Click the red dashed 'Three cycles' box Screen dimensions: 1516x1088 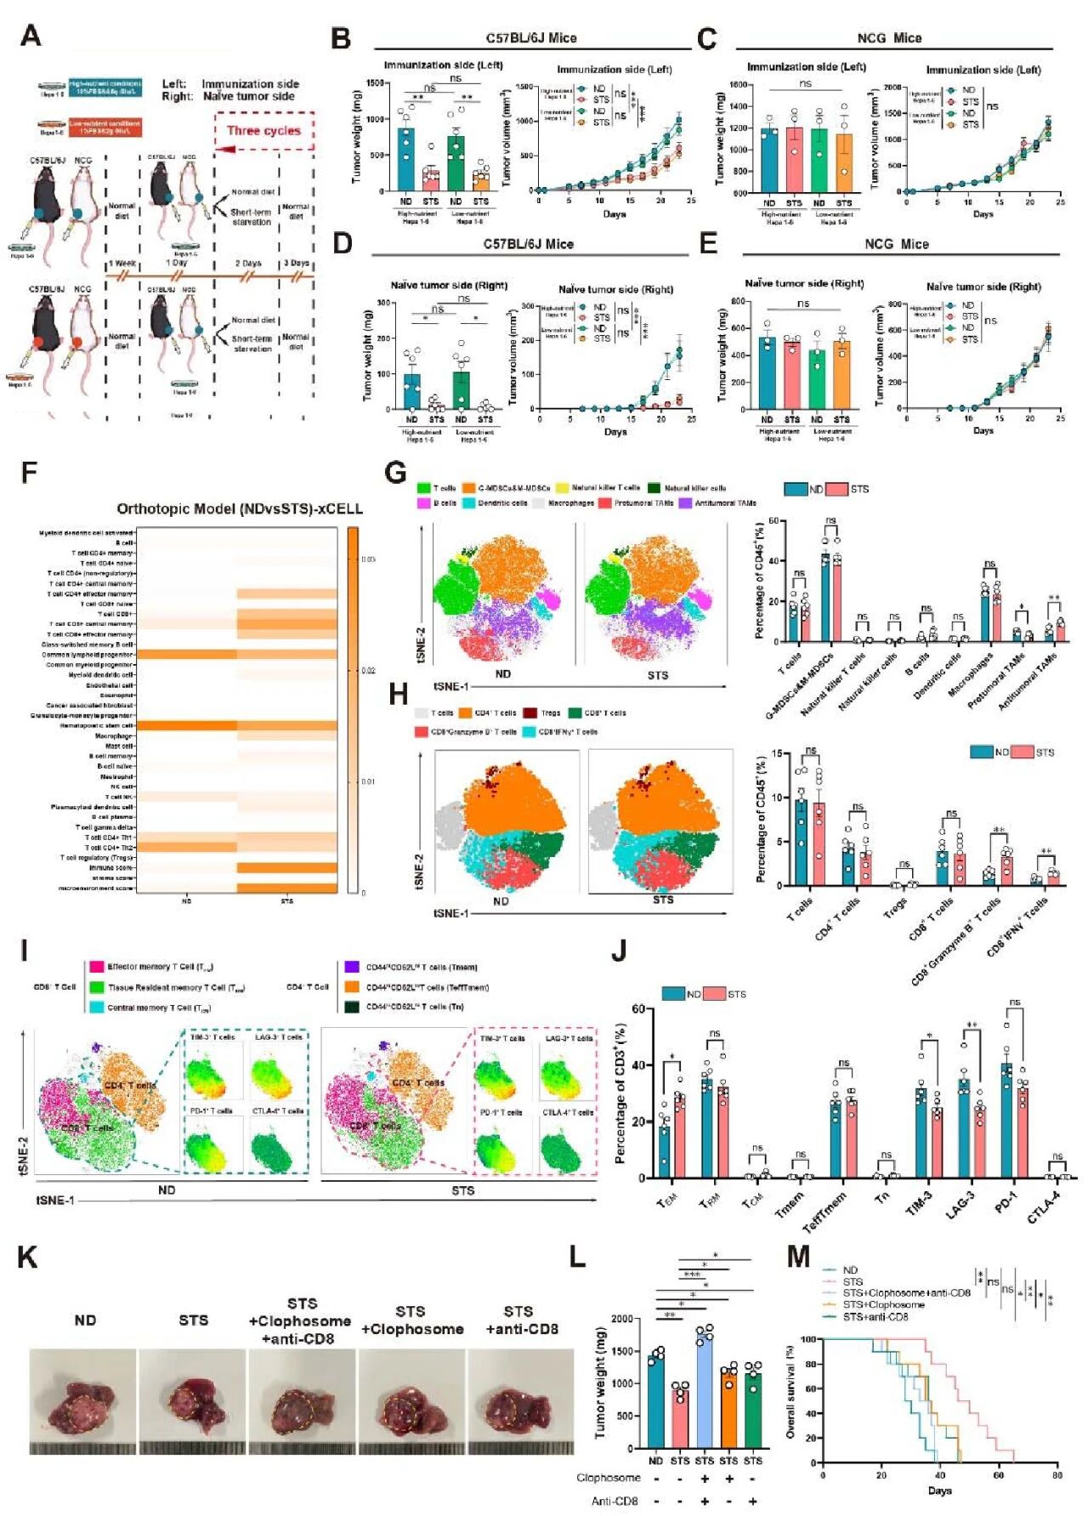coord(263,131)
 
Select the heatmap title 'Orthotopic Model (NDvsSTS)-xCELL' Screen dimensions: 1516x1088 coord(240,508)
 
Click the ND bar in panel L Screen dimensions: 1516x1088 coord(655,1400)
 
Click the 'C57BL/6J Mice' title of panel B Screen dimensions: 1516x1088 coord(531,38)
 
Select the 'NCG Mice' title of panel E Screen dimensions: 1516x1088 coord(897,244)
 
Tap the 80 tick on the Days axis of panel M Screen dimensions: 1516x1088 coord(1057,1475)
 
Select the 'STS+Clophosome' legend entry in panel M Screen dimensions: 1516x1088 coord(883,1304)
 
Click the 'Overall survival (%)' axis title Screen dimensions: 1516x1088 coord(790,1392)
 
